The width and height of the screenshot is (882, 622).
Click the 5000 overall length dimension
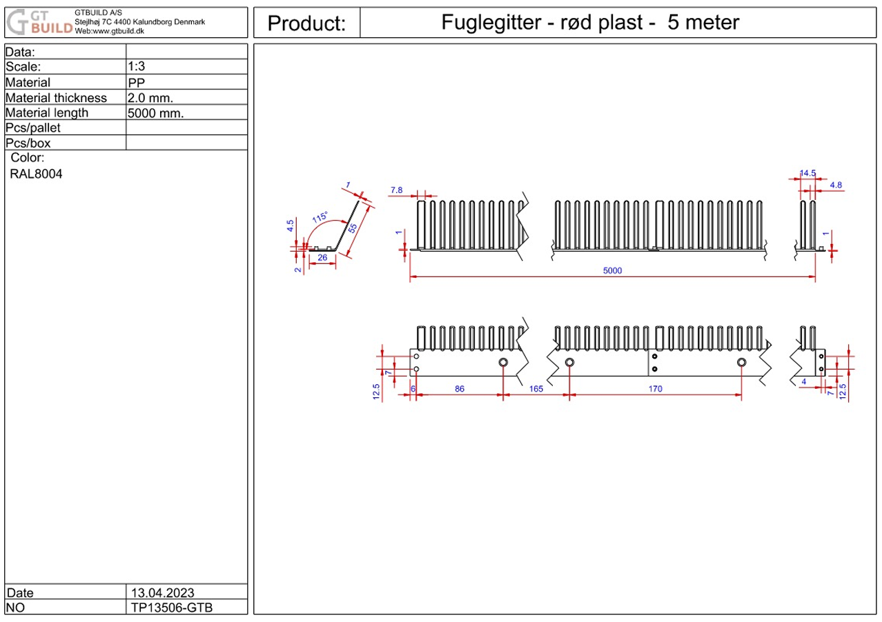pos(612,271)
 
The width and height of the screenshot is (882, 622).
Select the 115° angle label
pos(320,217)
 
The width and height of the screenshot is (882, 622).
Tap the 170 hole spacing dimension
pos(655,389)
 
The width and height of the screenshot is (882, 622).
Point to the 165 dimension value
pos(536,389)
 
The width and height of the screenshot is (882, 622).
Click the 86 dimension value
pos(460,389)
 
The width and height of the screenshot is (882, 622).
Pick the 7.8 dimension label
pos(396,190)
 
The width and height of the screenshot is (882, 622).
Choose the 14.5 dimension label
pos(808,174)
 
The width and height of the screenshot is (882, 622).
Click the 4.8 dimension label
pos(836,185)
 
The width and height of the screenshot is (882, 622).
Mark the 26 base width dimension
pos(322,258)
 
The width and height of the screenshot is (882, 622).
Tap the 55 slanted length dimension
pos(353,229)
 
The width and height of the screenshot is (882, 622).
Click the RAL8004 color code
pos(36,174)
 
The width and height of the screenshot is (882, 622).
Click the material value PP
pos(137,82)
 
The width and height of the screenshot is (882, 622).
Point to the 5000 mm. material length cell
pos(156,113)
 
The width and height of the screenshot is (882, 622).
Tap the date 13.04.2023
pos(161,593)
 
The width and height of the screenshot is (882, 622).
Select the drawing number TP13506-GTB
pos(170,608)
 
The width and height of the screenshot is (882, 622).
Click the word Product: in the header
pos(306,23)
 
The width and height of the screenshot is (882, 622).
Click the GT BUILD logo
pos(39,23)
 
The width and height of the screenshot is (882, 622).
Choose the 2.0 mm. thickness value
pos(150,98)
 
